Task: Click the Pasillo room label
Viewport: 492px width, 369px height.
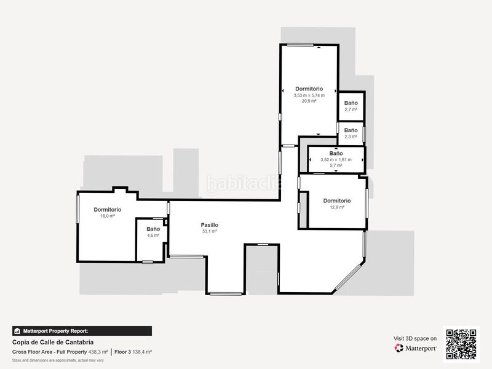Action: click(x=209, y=225)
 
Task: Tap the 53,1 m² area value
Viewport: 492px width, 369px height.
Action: click(x=209, y=231)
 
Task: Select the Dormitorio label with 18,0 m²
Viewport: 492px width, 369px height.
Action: click(x=107, y=210)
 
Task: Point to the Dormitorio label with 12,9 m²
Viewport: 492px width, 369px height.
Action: click(x=336, y=201)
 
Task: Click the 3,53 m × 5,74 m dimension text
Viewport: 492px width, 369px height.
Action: click(x=309, y=95)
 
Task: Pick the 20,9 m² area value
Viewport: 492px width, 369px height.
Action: click(x=309, y=101)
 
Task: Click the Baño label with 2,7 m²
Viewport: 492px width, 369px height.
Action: click(x=351, y=103)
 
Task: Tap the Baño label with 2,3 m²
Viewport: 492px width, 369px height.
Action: click(x=351, y=130)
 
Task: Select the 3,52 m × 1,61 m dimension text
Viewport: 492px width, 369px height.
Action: click(x=336, y=160)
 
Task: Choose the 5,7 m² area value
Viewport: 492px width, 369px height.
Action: click(x=336, y=165)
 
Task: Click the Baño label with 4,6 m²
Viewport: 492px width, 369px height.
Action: click(x=153, y=229)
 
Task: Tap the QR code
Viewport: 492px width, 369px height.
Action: click(x=461, y=344)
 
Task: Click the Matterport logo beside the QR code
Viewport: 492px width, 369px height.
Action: click(x=415, y=348)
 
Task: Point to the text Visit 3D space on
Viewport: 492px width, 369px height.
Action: click(x=415, y=339)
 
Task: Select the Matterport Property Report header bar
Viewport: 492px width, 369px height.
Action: click(x=82, y=331)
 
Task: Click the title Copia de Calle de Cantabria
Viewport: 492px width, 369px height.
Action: click(x=53, y=343)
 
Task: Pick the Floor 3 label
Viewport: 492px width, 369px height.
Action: click(x=122, y=352)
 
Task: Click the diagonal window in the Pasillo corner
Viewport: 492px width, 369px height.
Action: click(x=349, y=276)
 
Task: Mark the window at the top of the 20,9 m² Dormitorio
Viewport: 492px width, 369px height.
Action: click(x=300, y=45)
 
